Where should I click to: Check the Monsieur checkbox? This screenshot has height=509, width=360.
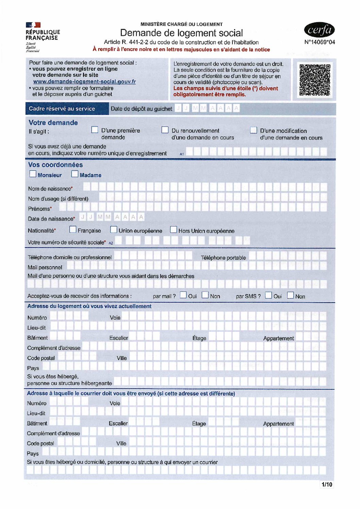[x=33, y=174]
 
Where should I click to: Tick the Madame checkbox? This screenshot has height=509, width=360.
[x=75, y=174]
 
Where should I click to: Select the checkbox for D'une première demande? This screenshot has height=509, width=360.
[x=95, y=130]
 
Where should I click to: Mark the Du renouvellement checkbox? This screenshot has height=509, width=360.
[x=165, y=130]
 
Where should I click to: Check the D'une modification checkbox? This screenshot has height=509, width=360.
[x=253, y=130]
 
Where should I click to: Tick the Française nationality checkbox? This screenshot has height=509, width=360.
[x=73, y=230]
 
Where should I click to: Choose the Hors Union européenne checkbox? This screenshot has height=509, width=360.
[x=174, y=230]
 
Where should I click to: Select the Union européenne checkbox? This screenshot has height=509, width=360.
[x=114, y=230]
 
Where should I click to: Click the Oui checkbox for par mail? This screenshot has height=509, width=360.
[x=183, y=295]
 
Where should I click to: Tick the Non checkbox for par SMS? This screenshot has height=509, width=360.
[x=290, y=295]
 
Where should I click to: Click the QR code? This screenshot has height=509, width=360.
[x=315, y=80]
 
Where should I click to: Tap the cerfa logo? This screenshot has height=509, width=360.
[x=319, y=30]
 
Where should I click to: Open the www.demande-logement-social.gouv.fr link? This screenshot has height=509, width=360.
[x=84, y=82]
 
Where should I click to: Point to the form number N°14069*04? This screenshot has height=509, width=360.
[x=320, y=42]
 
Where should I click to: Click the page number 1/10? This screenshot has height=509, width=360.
[x=327, y=484]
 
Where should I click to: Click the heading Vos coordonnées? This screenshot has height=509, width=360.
[x=55, y=165]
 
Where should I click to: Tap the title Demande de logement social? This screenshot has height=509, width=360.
[x=181, y=33]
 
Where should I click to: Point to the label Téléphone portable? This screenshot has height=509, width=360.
[x=223, y=258]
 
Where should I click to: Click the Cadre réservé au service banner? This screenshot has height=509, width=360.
[x=62, y=109]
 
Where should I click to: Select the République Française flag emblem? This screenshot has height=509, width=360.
[x=33, y=25]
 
